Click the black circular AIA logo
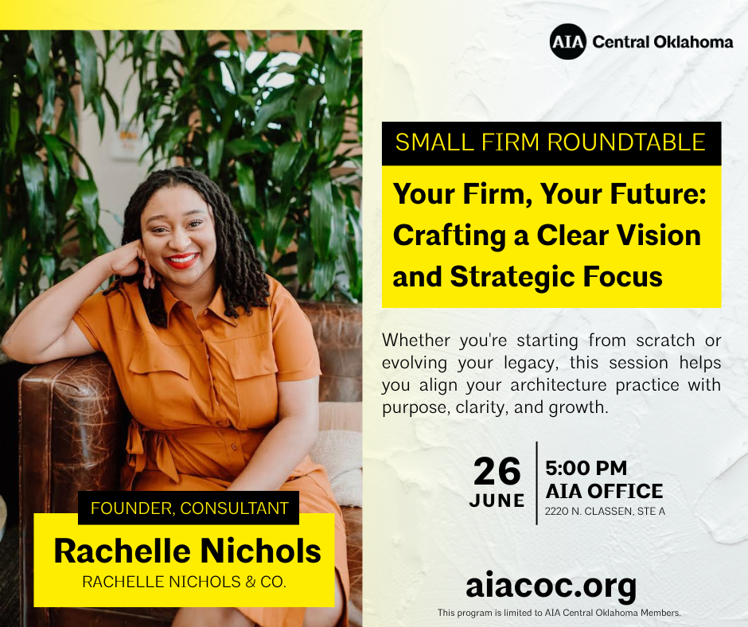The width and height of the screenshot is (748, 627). click(567, 41)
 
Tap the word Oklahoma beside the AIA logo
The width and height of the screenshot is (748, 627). click(693, 42)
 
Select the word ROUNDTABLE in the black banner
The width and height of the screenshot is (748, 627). click(626, 142)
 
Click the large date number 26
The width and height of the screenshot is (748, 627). click(497, 471)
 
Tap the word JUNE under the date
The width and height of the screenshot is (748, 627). click(497, 500)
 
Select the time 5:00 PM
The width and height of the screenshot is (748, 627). click(586, 468)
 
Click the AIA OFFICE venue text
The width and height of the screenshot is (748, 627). click(605, 491)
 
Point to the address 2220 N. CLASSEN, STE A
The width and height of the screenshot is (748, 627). click(605, 511)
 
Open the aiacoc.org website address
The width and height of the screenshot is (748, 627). click(551, 586)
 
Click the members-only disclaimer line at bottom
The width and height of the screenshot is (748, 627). click(559, 613)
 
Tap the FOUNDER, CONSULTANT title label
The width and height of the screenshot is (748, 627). click(189, 508)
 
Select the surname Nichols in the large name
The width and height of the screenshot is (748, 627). click(260, 551)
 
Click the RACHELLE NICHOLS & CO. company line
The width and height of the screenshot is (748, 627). click(184, 582)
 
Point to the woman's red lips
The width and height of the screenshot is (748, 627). click(181, 260)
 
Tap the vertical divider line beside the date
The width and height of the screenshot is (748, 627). click(536, 483)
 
